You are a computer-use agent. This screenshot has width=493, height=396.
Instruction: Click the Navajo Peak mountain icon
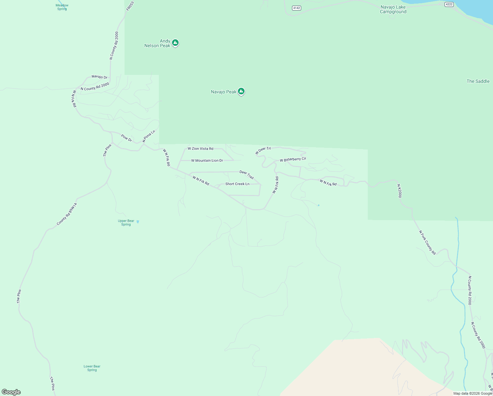pos(241,91)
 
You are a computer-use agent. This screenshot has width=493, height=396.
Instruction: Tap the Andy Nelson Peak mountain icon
pos(175,43)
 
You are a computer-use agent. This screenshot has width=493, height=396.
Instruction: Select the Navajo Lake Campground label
pos(393,9)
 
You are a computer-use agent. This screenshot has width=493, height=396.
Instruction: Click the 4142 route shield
pos(297,8)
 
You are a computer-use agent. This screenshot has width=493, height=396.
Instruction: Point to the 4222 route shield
pos(449,4)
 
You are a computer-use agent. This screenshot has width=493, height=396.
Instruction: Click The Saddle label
pos(478,81)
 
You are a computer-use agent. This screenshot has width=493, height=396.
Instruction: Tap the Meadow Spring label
pos(62,7)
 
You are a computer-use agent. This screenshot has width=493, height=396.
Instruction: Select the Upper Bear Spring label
pos(126,223)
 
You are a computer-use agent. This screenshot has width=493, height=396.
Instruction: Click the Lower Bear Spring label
pos(92,368)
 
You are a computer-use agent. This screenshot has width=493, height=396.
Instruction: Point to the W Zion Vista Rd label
pos(200,148)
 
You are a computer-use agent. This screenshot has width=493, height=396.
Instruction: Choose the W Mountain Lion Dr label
pos(207,160)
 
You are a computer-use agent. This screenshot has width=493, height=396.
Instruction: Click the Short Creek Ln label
pos(237,184)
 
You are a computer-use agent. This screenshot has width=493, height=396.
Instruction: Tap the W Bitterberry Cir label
pos(293,159)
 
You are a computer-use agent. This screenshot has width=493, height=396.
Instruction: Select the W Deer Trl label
pos(263,150)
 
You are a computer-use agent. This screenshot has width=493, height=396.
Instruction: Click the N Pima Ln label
pos(149,136)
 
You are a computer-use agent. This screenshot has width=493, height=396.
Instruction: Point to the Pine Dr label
pos(126,138)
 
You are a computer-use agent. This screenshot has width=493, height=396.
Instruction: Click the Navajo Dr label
pos(100,77)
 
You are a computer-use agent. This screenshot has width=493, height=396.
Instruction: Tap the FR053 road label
pos(130,6)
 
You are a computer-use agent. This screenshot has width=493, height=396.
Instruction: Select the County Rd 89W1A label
pos(67,214)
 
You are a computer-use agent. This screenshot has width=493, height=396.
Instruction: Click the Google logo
pos(11,392)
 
